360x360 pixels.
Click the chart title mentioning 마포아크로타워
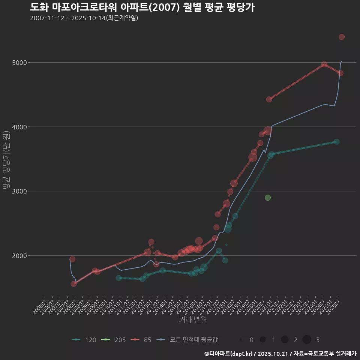pos(142,7)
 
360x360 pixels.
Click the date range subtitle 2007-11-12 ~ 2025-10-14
pos(84,18)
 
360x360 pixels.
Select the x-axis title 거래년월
pos(193,319)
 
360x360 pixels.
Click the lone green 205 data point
pos(267,198)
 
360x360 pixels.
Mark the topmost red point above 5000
pos(342,37)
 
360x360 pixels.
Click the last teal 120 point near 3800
pos(337,142)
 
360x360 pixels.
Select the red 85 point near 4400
pos(269,99)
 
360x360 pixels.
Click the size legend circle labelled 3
pos(307,340)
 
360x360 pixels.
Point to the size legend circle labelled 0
pos(241,340)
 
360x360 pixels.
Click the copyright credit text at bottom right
pos(280,353)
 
